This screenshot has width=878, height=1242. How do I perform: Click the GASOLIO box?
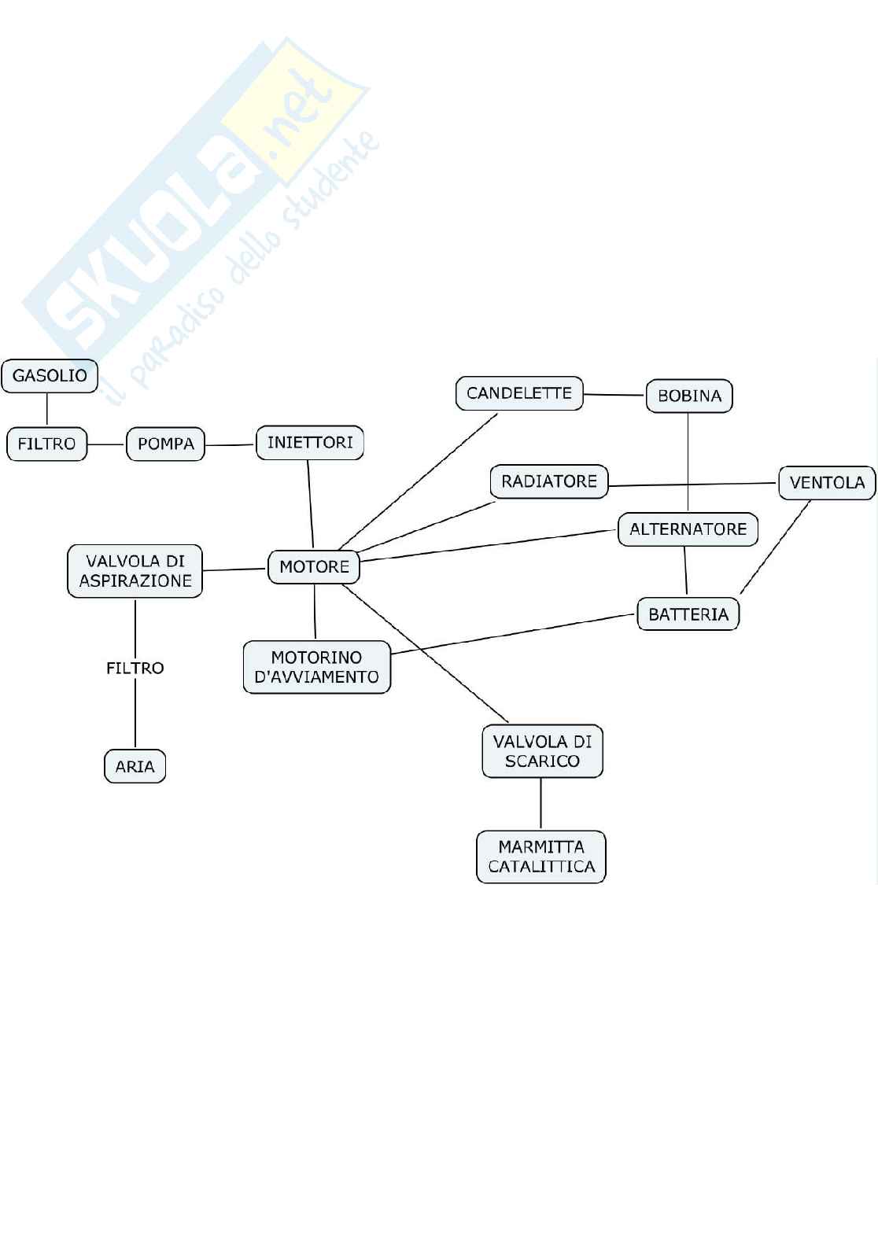coord(50,376)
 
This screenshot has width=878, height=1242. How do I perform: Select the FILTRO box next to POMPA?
coord(46,444)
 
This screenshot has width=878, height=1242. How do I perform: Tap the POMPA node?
coord(165,444)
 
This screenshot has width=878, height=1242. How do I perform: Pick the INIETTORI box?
coord(310,443)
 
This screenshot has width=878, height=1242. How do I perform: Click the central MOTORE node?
coord(314,567)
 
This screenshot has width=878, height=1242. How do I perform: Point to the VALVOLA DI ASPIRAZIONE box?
coord(135,571)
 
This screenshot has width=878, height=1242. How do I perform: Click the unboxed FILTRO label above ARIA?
coord(135,668)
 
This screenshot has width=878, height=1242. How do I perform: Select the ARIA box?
coord(135,766)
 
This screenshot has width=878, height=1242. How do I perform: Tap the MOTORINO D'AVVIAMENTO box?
coord(316,667)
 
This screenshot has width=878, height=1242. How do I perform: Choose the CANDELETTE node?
coord(519,393)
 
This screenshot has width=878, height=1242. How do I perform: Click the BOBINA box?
coord(689,396)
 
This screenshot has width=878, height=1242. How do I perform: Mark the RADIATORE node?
coord(549,481)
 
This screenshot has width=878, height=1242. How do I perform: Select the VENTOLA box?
coord(827,483)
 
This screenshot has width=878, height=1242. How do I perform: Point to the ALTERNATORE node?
coord(688,529)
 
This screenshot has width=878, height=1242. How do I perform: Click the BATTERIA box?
coord(688,614)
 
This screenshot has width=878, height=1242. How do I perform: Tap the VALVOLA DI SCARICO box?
coord(542,751)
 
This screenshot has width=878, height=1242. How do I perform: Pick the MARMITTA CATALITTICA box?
coord(541,857)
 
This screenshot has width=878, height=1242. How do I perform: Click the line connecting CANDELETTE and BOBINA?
coord(614,395)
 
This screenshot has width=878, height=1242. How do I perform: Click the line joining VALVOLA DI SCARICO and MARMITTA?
coord(541,804)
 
